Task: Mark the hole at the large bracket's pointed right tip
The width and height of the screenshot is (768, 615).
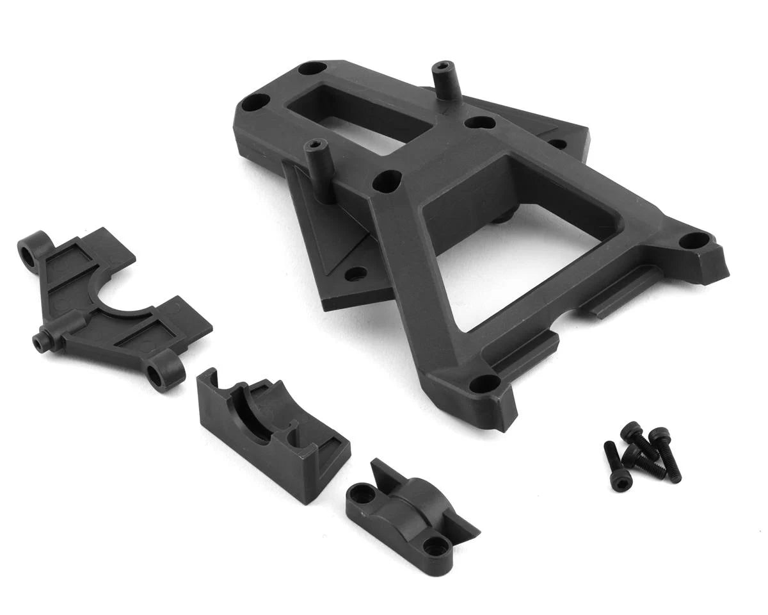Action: click(x=692, y=241)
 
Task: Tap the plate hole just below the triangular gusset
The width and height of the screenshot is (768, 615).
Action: click(x=356, y=274)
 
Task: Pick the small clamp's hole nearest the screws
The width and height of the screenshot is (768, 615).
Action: click(x=438, y=546)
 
